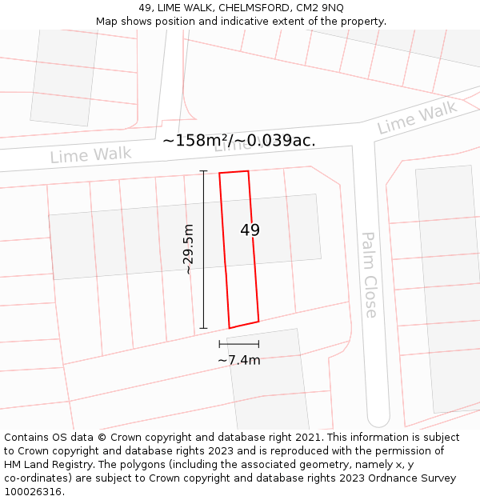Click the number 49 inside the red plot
coord(250,230)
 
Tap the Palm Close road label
coord(370,275)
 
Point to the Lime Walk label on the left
coord(90,154)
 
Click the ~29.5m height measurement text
coord(189,250)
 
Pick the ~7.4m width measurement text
coord(239,360)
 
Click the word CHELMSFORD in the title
coord(254,7)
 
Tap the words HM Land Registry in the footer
coord(46,465)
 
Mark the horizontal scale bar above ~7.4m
coord(238,344)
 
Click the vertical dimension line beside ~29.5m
coord(203,250)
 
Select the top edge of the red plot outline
coord(234,172)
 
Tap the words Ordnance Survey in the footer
coord(417,478)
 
